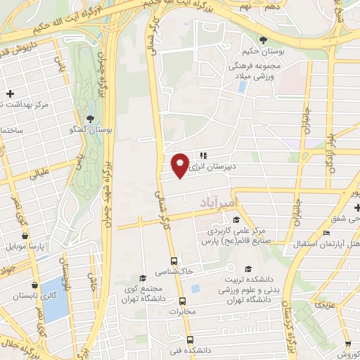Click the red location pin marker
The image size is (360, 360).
[180, 165]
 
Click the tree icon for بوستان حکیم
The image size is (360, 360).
[263, 40]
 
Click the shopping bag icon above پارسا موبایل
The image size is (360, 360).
[26, 237]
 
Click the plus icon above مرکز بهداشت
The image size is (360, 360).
[10, 94]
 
